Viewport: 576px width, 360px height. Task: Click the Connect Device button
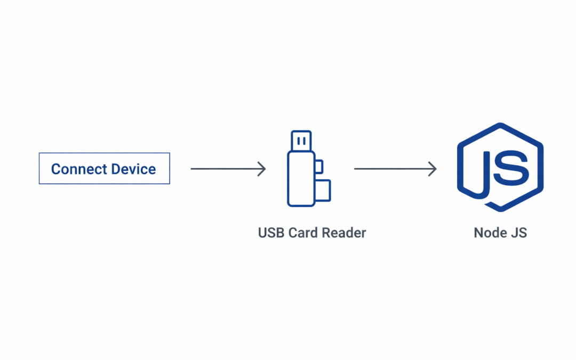(104, 169)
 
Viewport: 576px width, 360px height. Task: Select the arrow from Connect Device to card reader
(228, 169)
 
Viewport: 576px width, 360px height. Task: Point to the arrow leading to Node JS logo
(395, 169)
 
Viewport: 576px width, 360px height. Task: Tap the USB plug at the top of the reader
(301, 141)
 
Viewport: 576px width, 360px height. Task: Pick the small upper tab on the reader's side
(318, 166)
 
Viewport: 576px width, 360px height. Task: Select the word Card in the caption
(302, 233)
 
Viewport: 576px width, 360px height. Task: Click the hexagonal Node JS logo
(500, 167)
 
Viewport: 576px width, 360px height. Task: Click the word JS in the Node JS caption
(518, 233)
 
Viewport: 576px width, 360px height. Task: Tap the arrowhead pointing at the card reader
(262, 169)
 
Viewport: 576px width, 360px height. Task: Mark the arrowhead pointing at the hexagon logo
(433, 169)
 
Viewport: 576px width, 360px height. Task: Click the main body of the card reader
(301, 179)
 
